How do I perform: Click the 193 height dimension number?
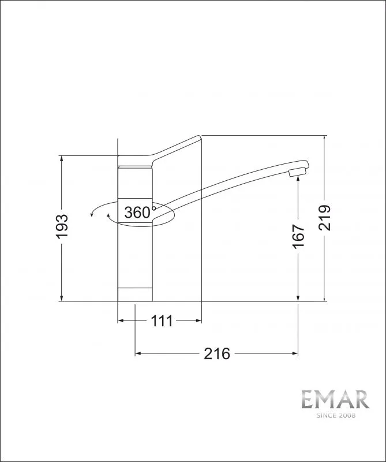coord(62,226)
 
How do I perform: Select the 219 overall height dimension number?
coord(325,218)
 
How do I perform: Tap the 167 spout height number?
coord(298,237)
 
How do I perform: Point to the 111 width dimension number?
coord(162,321)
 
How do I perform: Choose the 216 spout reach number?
coord(217,353)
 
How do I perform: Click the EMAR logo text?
coord(335,399)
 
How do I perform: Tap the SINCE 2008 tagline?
coord(336,415)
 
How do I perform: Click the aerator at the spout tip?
coord(298,172)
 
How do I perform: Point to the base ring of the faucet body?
coord(135,294)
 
